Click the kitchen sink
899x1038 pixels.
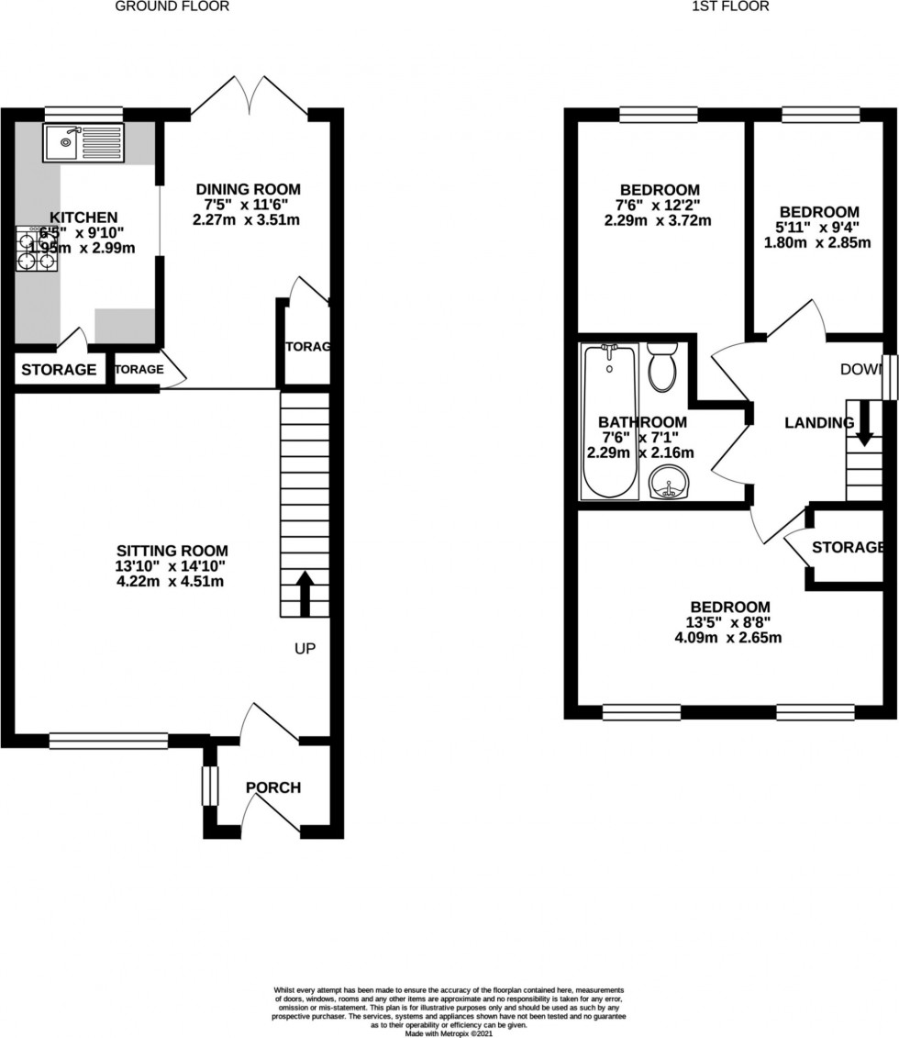(x=83, y=142)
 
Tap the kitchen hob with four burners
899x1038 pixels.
(x=36, y=248)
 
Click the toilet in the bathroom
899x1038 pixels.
(x=660, y=367)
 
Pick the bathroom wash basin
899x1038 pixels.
(x=671, y=482)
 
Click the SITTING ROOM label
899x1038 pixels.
(x=165, y=551)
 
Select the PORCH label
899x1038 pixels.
(x=272, y=787)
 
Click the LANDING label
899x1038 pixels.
(x=818, y=423)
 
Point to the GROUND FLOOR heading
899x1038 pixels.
(x=172, y=6)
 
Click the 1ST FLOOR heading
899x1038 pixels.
(x=730, y=6)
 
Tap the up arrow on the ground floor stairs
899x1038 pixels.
(x=305, y=593)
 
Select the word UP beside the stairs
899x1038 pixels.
(x=305, y=649)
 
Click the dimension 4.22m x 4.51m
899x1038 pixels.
(x=165, y=581)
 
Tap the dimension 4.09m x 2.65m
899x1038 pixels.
(x=729, y=637)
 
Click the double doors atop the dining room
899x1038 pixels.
(x=250, y=96)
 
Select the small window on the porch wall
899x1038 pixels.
(x=210, y=786)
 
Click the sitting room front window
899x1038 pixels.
(x=108, y=741)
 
